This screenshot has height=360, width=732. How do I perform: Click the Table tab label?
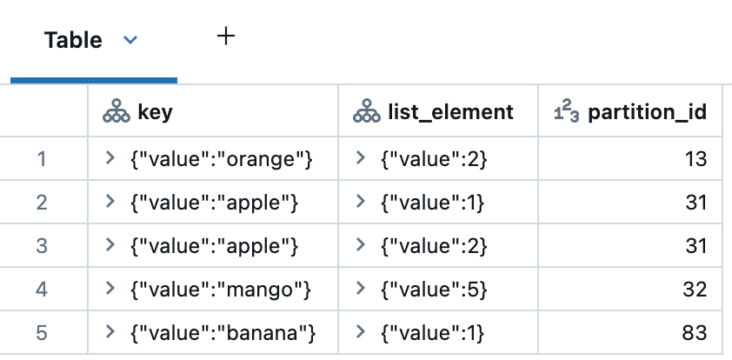(73, 40)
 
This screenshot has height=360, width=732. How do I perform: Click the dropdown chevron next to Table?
(130, 40)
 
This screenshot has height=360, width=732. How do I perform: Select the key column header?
(155, 112)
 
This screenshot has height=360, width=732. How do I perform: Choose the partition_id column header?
(646, 112)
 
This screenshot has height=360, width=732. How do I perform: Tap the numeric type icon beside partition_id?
(568, 112)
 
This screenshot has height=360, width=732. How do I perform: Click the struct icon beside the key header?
(116, 112)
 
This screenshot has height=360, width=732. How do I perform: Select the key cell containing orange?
(220, 159)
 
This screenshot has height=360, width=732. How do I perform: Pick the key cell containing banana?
(222, 333)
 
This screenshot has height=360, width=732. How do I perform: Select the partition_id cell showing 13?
(695, 159)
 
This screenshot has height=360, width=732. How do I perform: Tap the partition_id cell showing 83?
(695, 333)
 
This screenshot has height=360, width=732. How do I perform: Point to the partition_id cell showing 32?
(695, 290)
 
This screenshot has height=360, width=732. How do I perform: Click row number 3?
(42, 246)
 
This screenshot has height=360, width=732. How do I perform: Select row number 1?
(42, 159)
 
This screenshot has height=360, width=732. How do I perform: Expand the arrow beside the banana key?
(110, 332)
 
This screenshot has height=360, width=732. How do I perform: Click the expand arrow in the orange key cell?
(110, 158)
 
